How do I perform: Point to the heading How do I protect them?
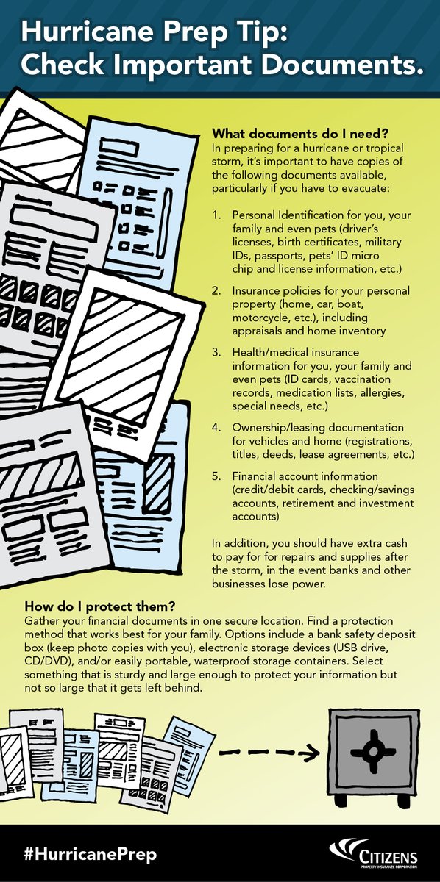[x=99, y=607]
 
